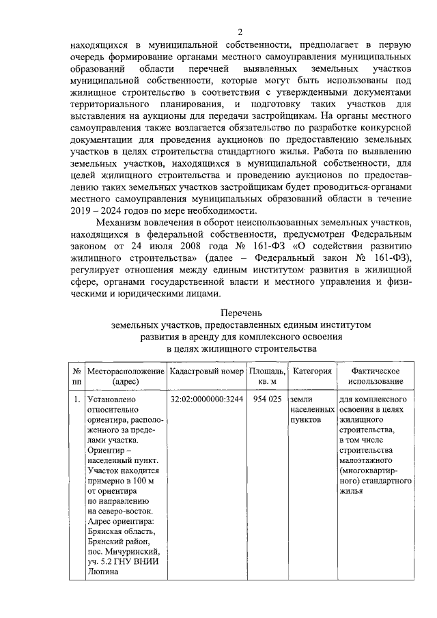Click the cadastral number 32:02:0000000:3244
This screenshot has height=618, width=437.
click(x=206, y=399)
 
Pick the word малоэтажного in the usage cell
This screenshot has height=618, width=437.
click(x=367, y=461)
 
